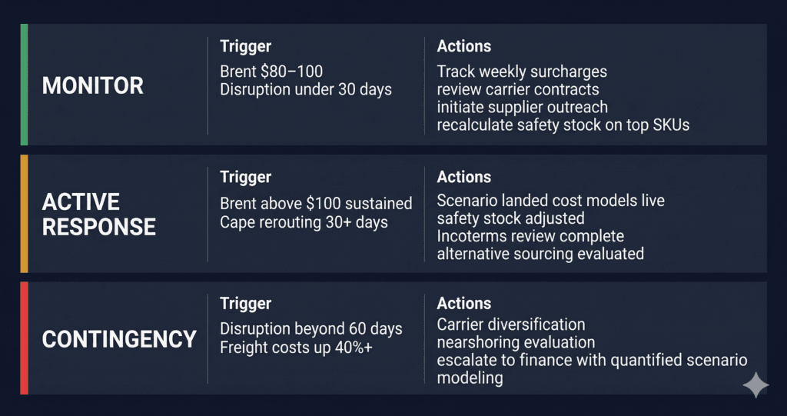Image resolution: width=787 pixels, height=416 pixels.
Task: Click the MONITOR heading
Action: [x=92, y=85]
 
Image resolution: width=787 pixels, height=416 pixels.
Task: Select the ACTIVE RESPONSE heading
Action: [x=98, y=214]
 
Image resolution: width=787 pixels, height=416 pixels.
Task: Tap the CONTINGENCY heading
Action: [x=119, y=339]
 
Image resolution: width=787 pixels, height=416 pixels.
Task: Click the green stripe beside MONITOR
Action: [x=24, y=85]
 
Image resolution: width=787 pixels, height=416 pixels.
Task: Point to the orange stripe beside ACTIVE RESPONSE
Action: [x=24, y=214]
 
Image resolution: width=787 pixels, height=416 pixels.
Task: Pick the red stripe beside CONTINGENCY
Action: [x=24, y=338]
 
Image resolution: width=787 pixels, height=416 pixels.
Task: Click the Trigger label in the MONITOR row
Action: [x=245, y=47]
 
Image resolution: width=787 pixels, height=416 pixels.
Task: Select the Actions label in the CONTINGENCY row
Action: [x=463, y=304]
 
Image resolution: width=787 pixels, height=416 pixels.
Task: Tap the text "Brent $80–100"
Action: [x=271, y=72]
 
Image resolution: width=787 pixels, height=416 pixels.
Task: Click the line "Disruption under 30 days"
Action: [x=306, y=89]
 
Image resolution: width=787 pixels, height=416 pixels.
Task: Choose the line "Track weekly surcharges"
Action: [x=522, y=72]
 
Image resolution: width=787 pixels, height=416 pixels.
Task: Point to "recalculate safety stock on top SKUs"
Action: [x=563, y=125]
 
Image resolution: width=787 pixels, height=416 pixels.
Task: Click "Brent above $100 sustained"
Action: [x=316, y=204]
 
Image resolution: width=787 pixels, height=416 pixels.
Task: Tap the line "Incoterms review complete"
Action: [x=530, y=236]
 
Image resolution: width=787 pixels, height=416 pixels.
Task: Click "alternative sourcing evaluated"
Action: [x=540, y=254]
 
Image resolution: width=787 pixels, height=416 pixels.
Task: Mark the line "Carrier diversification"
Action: [x=511, y=324]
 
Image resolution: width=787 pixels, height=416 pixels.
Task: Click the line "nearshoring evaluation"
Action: [x=516, y=342]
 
